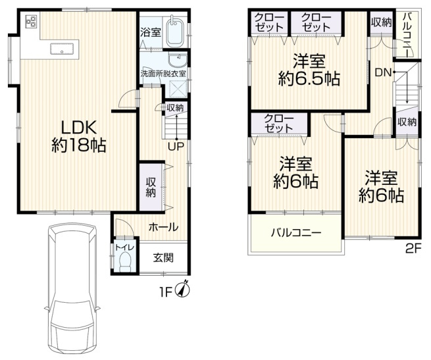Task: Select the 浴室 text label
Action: (149, 32)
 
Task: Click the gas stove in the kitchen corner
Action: (30, 22)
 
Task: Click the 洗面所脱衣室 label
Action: (163, 73)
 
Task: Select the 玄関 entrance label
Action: (163, 257)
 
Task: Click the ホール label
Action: (163, 227)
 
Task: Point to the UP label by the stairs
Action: (175, 146)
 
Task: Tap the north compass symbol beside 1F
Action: (185, 289)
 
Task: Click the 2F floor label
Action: (412, 249)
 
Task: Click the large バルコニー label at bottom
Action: (295, 234)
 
